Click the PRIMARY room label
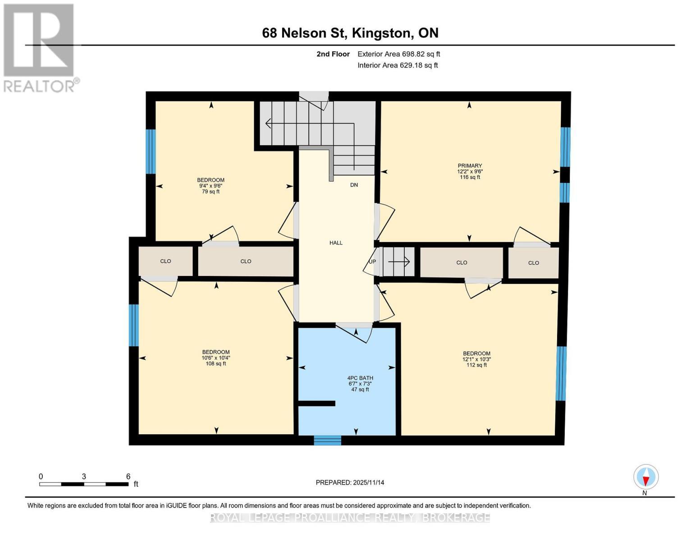click(x=470, y=165)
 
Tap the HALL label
click(x=336, y=243)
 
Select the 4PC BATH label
click(x=360, y=378)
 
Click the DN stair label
click(x=354, y=185)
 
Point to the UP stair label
click(x=372, y=261)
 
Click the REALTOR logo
click(x=39, y=48)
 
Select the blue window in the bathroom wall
click(x=327, y=440)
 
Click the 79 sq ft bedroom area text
click(x=210, y=192)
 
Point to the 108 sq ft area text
click(x=216, y=364)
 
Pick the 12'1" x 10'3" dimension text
click(x=476, y=359)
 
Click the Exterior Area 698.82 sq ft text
click(x=398, y=54)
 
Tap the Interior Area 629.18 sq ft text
click(x=398, y=65)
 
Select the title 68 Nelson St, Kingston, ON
click(x=350, y=33)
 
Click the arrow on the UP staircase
click(x=399, y=261)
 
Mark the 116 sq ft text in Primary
click(x=470, y=177)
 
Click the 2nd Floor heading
click(x=333, y=54)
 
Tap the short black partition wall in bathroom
click(x=317, y=403)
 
